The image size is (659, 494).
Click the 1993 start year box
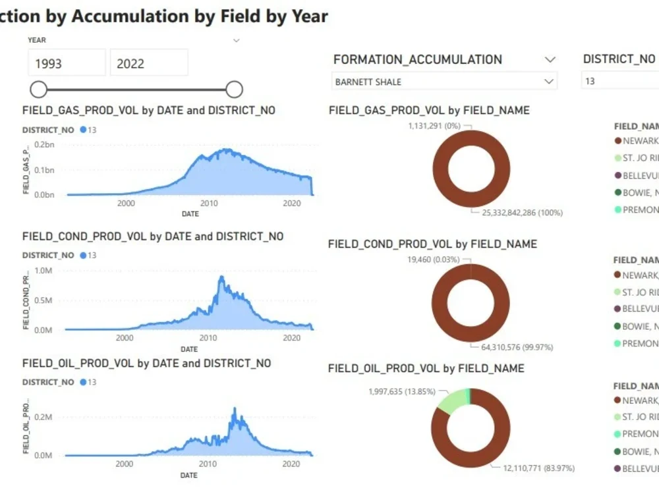(66, 63)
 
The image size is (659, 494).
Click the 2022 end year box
(148, 63)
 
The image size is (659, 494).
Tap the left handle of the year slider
(39, 89)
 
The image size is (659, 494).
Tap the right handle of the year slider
(234, 89)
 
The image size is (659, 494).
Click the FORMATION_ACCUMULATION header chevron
(550, 59)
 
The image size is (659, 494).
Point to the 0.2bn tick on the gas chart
(44, 144)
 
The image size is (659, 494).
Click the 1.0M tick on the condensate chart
(43, 271)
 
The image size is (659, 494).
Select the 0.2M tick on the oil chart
(43, 417)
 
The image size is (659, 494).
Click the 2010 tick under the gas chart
(209, 204)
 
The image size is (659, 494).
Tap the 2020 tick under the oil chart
(291, 464)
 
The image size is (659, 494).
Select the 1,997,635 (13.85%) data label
(402, 391)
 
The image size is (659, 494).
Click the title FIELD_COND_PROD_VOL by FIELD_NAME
(432, 244)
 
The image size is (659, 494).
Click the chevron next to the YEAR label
(237, 40)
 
